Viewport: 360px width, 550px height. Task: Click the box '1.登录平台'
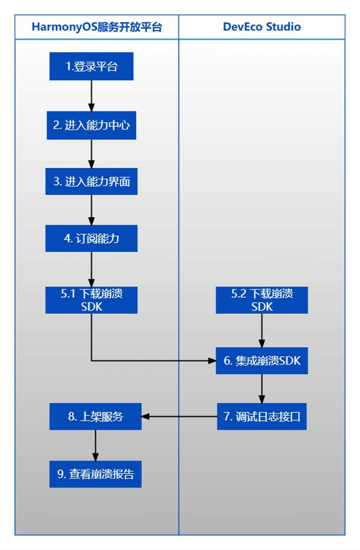[x=91, y=66]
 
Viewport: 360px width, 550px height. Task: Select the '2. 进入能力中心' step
[x=91, y=125]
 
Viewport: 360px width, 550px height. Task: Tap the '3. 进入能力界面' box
[x=91, y=181]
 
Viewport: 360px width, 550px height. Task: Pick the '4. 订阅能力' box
[x=91, y=238]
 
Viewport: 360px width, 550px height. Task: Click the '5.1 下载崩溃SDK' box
[x=91, y=300]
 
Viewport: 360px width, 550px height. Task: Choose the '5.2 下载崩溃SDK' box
[x=262, y=300]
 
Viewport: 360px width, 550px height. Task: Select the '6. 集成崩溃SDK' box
[x=262, y=361]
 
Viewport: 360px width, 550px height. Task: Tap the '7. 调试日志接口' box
[x=262, y=417]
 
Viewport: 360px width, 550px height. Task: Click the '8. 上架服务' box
[x=95, y=417]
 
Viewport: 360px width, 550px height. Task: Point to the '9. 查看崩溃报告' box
[x=95, y=474]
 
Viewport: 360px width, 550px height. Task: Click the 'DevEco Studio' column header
[x=262, y=27]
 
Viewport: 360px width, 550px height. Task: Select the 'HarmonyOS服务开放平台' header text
[x=97, y=27]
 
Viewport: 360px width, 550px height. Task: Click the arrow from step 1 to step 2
[x=91, y=96]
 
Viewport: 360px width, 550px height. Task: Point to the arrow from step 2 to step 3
[x=91, y=154]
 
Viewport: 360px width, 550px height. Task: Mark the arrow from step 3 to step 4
[x=91, y=210]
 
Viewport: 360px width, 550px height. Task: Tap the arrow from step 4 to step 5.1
[x=91, y=269]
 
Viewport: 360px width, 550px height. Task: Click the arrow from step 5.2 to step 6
[x=262, y=331]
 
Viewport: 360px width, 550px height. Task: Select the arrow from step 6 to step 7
[x=262, y=389]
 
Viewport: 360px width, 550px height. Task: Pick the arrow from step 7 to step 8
[x=179, y=417]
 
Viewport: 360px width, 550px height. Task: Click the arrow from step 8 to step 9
[x=95, y=445]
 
